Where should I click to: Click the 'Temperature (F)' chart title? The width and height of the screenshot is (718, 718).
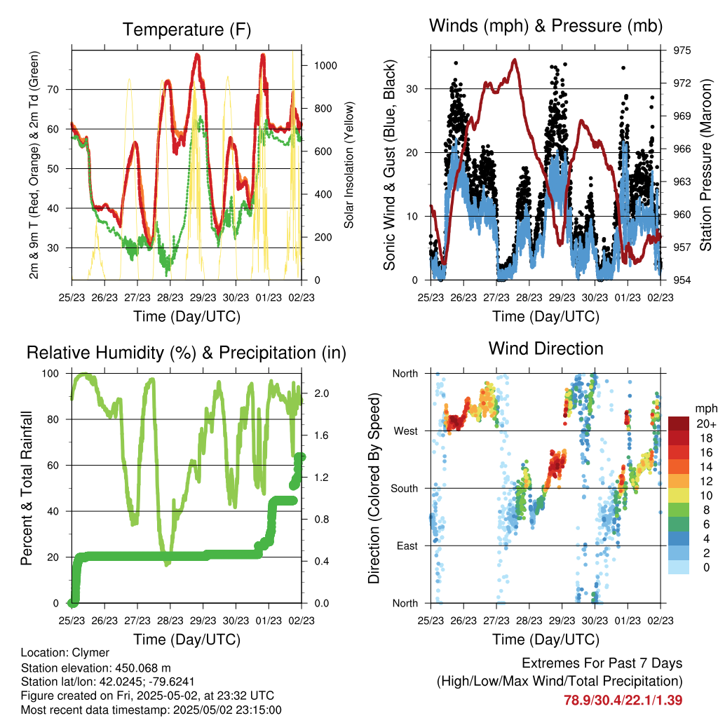187,29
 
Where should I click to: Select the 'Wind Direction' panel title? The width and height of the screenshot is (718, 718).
546,348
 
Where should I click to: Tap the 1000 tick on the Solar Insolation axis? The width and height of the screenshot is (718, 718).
325,65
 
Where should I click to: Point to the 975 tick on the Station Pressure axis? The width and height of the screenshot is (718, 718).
682,50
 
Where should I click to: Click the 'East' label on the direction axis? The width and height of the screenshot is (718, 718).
407,546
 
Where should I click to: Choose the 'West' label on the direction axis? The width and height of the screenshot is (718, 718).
406,431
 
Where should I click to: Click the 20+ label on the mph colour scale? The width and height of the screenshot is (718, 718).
706,424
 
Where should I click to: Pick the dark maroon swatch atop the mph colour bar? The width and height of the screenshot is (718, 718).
678,424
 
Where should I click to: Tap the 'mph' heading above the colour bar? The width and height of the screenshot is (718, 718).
706,409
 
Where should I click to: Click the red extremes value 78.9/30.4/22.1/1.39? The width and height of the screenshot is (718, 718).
623,700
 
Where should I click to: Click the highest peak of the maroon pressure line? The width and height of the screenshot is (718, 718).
515,60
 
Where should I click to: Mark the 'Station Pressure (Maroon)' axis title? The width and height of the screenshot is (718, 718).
705,165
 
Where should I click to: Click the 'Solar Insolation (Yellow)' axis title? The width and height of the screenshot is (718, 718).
349,165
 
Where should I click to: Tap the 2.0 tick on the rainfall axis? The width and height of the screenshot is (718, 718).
321,393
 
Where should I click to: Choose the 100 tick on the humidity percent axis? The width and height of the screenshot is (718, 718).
50,374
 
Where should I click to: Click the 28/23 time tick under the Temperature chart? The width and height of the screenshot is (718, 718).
170,297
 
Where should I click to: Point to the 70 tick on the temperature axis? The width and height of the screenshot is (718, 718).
53,89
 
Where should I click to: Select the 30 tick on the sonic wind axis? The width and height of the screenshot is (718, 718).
412,89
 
